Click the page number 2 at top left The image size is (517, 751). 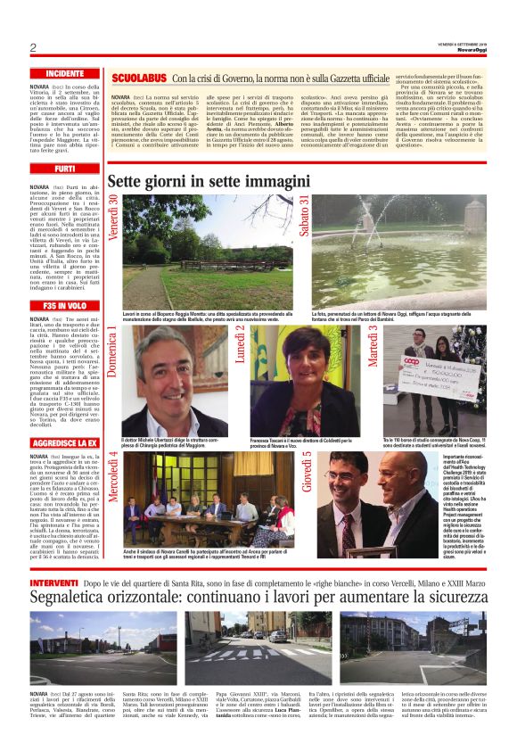coord(33,47)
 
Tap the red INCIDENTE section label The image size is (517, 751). coord(65,73)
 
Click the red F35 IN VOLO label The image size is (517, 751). coord(65,306)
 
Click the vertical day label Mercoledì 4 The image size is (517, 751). coord(113,482)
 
